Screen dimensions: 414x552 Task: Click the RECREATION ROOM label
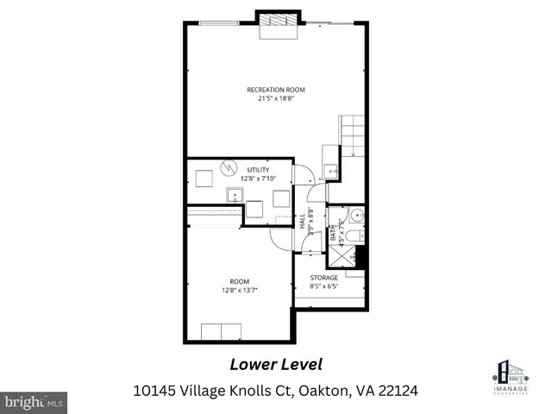275,90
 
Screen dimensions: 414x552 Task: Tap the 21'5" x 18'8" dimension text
275,98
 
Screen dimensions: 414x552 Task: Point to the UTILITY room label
258,170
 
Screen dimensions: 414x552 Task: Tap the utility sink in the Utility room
234,195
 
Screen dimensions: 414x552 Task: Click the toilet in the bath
354,237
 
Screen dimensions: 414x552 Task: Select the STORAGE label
324,278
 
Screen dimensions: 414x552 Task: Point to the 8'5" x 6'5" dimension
324,286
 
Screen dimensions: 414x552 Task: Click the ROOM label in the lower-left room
239,281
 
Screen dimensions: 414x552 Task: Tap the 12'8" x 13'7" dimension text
239,290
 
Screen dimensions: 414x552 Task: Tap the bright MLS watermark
34,402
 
